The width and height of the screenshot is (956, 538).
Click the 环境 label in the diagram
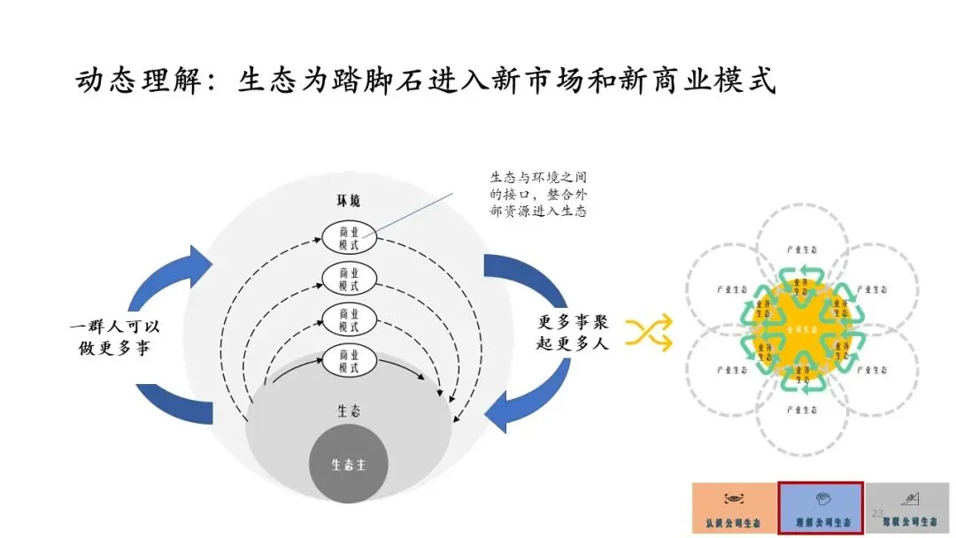click(x=348, y=202)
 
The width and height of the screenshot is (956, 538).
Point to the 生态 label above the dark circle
click(x=348, y=411)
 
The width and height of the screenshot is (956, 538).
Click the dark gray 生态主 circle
click(x=348, y=465)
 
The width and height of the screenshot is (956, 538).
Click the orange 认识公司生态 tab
click(x=734, y=509)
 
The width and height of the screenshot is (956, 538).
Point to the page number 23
click(x=877, y=514)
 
